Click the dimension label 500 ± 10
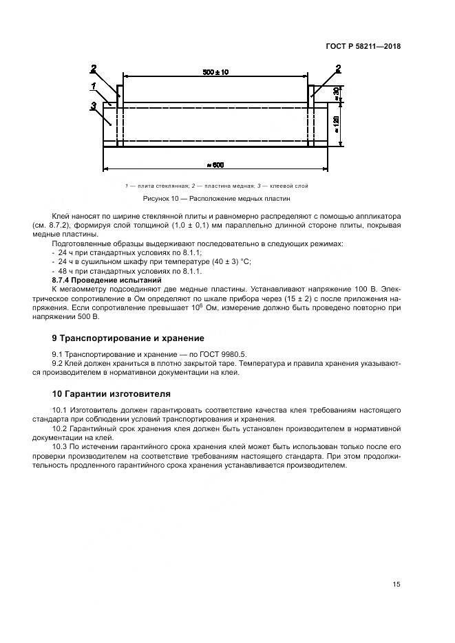(x=215, y=72)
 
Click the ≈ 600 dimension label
(x=215, y=164)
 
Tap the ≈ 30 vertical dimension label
(x=336, y=94)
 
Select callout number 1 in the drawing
(x=92, y=86)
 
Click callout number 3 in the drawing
(x=92, y=105)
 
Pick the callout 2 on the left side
(x=94, y=68)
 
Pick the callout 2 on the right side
(x=338, y=68)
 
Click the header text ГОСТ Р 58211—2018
(x=363, y=47)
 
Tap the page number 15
(x=396, y=584)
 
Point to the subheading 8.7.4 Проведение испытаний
(x=107, y=280)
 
